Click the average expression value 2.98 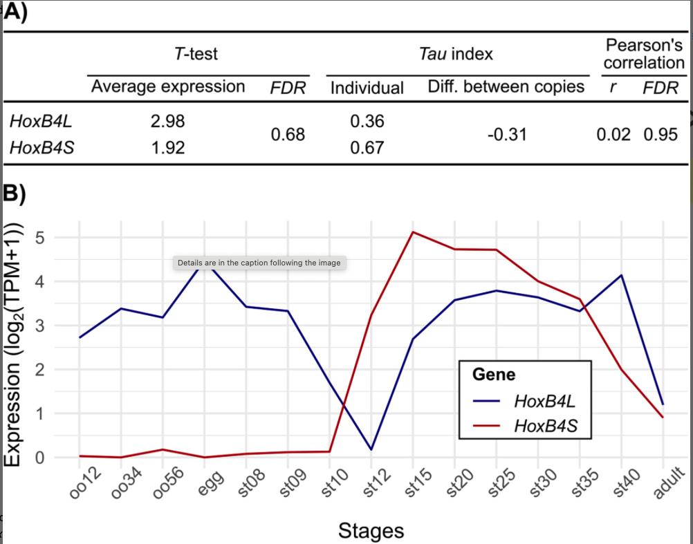tap(167, 121)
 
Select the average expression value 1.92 tap(167, 147)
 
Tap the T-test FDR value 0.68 tap(288, 134)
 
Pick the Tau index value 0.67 tap(367, 147)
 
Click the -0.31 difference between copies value tap(506, 134)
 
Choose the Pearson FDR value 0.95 tap(660, 134)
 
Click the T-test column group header tap(197, 53)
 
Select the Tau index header tap(456, 53)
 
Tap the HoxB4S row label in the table tap(41, 147)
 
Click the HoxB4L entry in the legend tap(544, 401)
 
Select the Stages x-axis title tap(371, 531)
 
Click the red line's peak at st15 tap(413, 232)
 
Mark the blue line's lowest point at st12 tap(371, 449)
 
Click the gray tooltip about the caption tap(259, 263)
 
